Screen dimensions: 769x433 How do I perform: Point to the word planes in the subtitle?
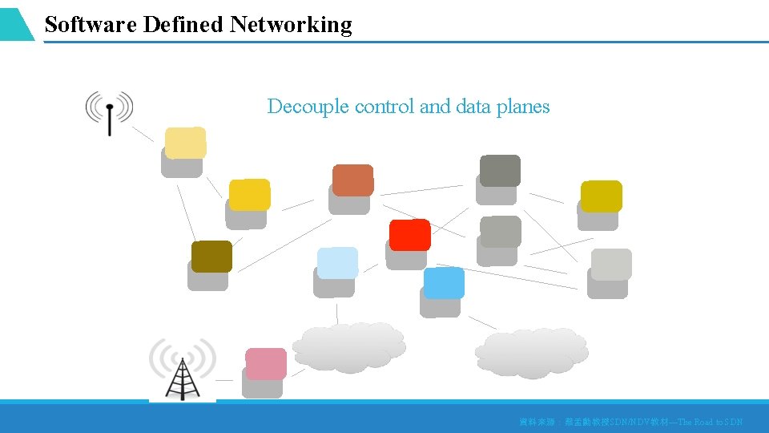522,107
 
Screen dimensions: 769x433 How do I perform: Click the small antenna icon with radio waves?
110,111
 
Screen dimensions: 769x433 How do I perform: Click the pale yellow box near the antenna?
185,143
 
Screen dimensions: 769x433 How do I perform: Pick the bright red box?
409,235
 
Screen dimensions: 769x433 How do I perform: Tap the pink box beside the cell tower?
265,364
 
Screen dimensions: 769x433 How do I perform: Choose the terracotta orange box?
352,180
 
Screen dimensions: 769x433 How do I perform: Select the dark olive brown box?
211,257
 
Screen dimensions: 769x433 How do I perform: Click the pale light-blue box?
337,263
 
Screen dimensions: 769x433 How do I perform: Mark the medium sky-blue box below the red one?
444,283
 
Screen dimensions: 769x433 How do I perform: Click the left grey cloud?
348,347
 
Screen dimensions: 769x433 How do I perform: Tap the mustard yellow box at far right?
601,196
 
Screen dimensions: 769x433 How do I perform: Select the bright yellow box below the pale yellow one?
249,195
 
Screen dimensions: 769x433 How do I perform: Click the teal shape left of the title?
16,24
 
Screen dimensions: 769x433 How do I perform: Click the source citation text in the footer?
630,422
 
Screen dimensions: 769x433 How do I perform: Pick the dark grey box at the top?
500,171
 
